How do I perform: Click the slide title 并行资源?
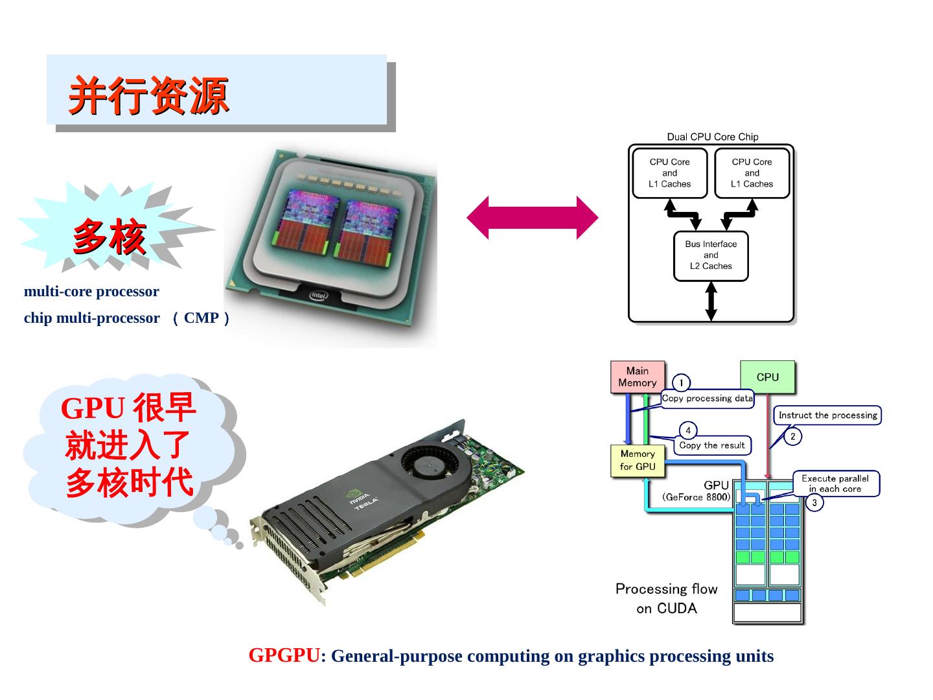[149, 95]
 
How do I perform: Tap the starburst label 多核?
[109, 237]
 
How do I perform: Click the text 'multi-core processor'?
[91, 292]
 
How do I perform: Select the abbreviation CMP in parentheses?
[201, 318]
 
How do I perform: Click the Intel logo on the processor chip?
[318, 296]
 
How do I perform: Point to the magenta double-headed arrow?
[533, 218]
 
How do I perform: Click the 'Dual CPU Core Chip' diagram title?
[712, 137]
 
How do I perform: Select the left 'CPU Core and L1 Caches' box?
[669, 173]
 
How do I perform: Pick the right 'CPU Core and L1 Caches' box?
[752, 173]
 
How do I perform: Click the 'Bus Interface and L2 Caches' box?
[711, 255]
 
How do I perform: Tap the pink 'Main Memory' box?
[638, 377]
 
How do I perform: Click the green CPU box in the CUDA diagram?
[767, 377]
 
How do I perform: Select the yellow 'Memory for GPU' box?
[638, 460]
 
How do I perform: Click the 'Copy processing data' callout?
[707, 399]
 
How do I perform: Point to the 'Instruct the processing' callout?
[827, 415]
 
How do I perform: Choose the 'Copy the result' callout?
[711, 445]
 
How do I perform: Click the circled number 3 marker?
[814, 502]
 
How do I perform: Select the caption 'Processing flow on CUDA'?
[666, 598]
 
